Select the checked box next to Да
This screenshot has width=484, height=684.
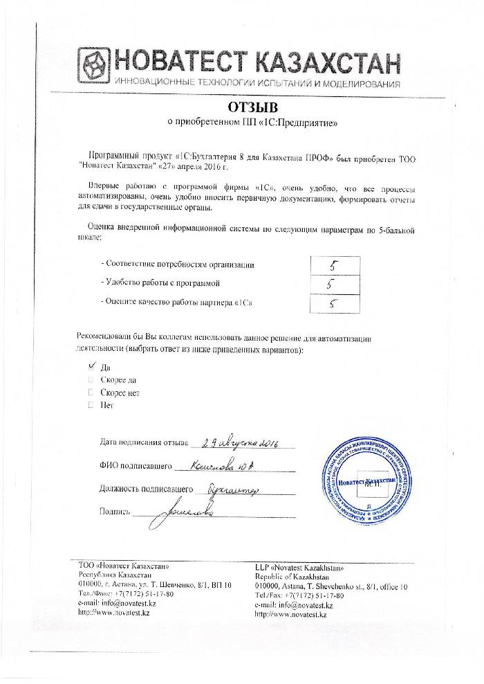click(91, 367)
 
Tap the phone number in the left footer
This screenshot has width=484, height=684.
click(139, 595)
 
